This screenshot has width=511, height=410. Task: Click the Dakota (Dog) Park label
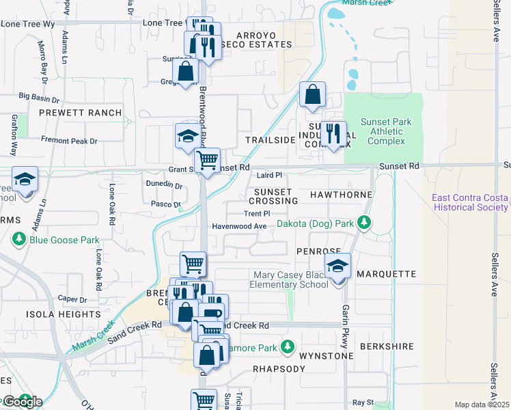pos(315,223)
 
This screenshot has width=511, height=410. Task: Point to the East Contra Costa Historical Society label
pos(471,202)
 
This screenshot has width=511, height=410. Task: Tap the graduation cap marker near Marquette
pos(337,266)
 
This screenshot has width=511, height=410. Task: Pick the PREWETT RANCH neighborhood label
pos(81,113)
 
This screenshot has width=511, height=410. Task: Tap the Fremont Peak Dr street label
pos(70,141)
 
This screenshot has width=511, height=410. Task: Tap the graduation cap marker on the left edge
pos(25,180)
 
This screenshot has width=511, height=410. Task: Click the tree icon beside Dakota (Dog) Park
pos(365,223)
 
